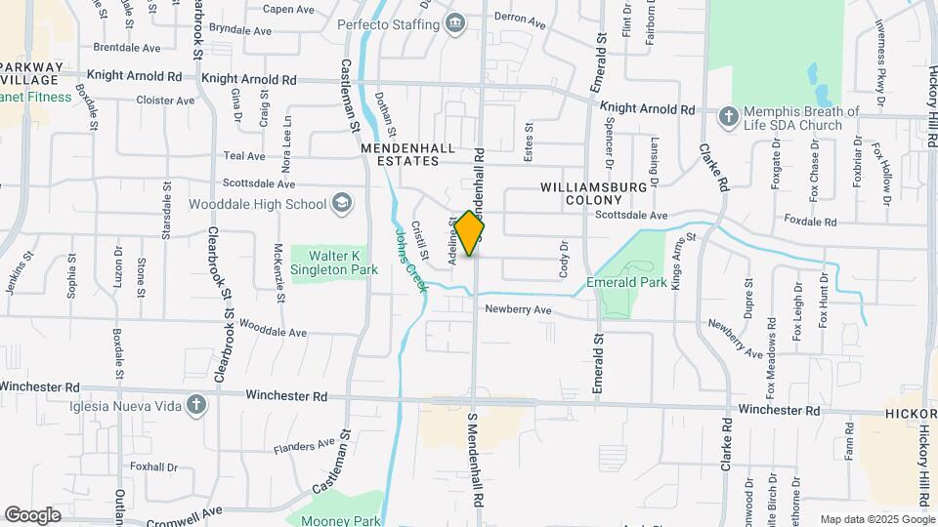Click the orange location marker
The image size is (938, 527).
(x=470, y=233)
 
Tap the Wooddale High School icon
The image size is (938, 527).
(x=342, y=203)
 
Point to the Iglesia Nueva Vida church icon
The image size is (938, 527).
(x=196, y=404)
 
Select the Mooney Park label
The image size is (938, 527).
(x=340, y=520)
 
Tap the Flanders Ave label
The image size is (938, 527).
(x=303, y=447)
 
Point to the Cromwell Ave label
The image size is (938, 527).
(x=185, y=510)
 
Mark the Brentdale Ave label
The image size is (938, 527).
(x=126, y=47)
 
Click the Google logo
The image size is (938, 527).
(x=32, y=514)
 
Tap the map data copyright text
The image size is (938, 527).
(x=876, y=519)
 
